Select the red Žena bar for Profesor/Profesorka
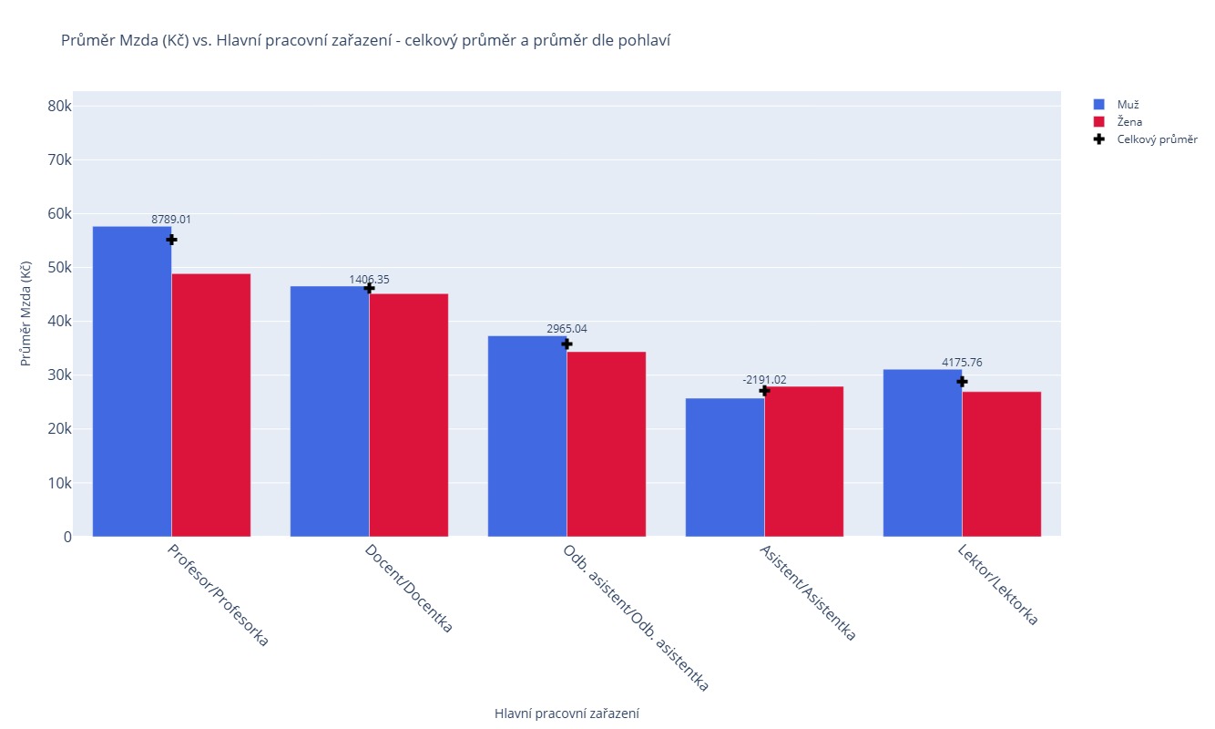point(211,405)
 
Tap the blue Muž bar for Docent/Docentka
point(330,411)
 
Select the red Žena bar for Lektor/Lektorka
point(1002,464)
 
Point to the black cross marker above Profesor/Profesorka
point(171,239)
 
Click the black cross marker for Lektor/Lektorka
point(962,381)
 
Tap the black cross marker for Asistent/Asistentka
point(764,390)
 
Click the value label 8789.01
point(171,220)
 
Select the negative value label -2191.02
point(764,379)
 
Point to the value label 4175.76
point(962,363)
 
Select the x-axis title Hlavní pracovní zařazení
point(567,714)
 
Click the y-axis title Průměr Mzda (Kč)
point(26,313)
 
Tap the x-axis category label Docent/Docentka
point(408,589)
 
